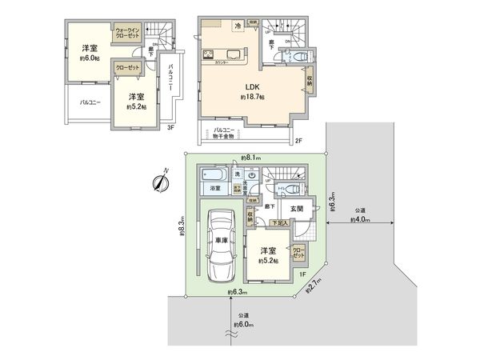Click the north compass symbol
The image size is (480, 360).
(159, 182)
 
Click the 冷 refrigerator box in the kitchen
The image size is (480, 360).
(237, 26)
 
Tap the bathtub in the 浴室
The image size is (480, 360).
(215, 175)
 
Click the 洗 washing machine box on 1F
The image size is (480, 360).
(237, 174)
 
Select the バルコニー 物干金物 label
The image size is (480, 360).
(228, 134)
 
